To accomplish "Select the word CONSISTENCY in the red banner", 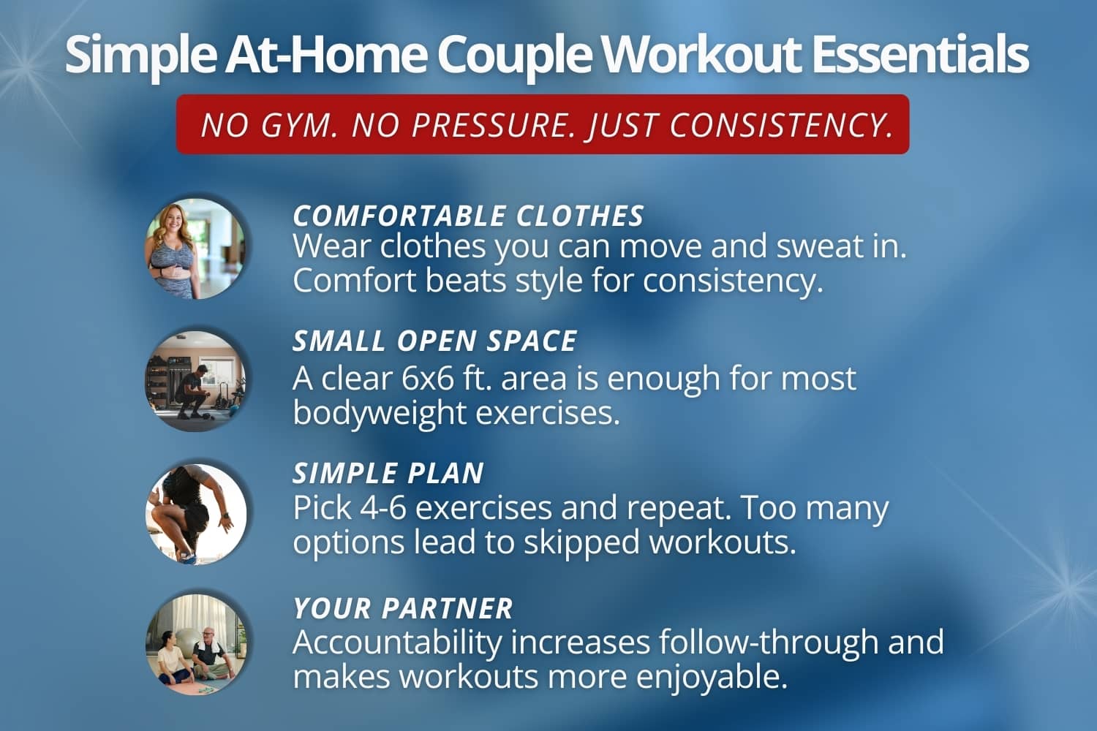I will [x=781, y=125].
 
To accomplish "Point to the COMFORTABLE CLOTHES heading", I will [x=468, y=216].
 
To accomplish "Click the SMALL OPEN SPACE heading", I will [x=435, y=341].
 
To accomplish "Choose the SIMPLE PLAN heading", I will [x=388, y=474].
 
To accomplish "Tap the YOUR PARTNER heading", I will [x=403, y=609].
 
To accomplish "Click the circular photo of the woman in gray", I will [x=195, y=249].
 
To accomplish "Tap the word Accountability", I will [x=397, y=643].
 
